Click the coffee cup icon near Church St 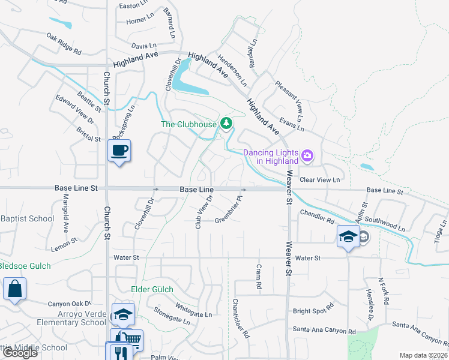pyautogui.click(x=119, y=150)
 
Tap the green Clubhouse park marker pyautogui.click(x=226, y=124)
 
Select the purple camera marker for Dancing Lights pyautogui.click(x=307, y=156)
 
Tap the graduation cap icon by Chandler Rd pyautogui.click(x=348, y=236)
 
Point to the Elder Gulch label pyautogui.click(x=152, y=289)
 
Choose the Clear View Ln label pyautogui.click(x=319, y=179)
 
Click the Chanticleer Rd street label pyautogui.click(x=241, y=318)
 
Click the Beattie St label pyautogui.click(x=89, y=103)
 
